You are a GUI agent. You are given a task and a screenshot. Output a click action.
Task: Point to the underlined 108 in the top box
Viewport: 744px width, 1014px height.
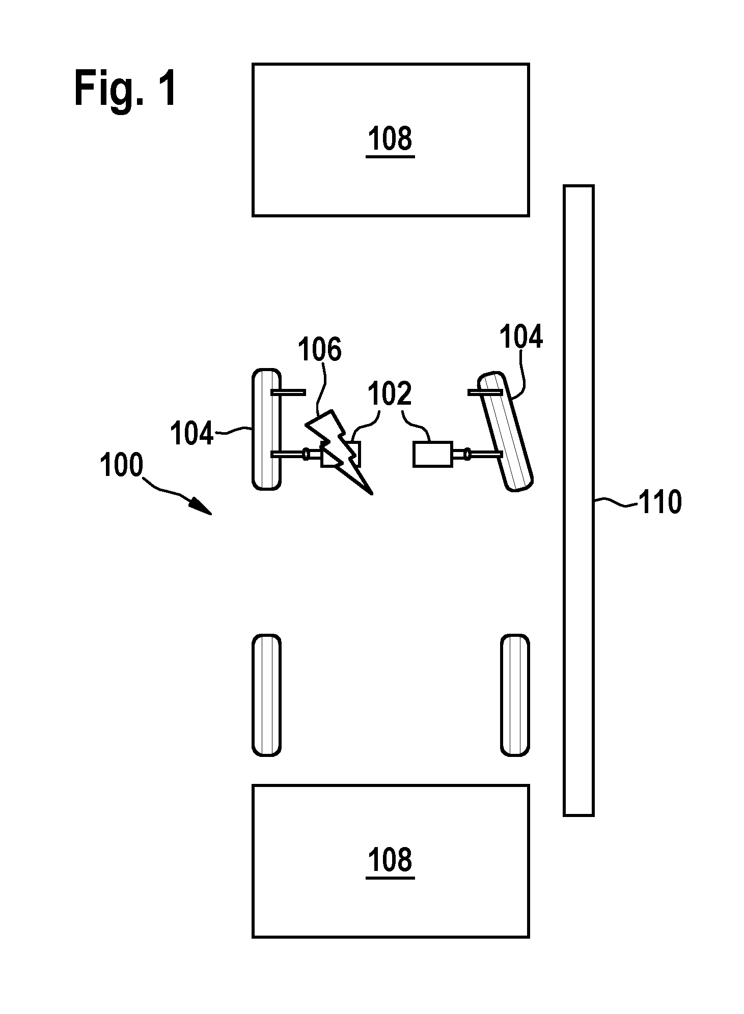click(390, 139)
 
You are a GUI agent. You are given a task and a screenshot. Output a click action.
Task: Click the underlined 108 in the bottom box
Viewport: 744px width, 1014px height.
click(390, 860)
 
